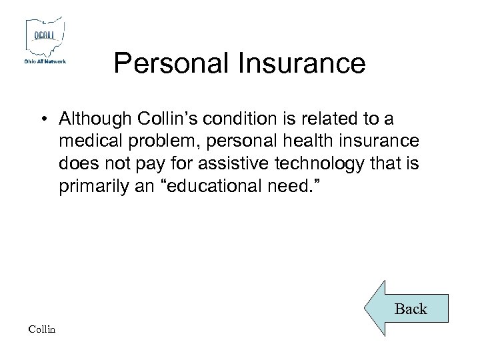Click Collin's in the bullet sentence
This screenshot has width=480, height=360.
pos(167,119)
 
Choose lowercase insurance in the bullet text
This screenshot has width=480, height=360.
pos(381,141)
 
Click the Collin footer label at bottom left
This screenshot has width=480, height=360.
pos(43,329)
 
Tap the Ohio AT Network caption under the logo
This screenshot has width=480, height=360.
pos(45,61)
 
